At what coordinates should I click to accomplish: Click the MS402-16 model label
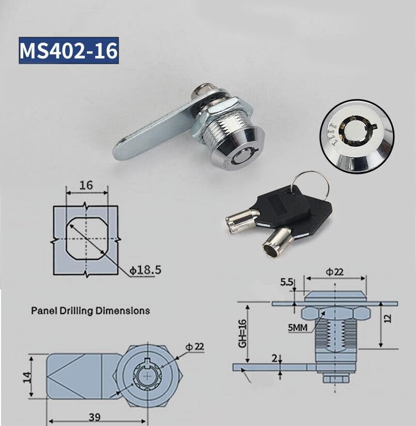(x=69, y=50)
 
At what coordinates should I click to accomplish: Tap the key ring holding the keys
(x=310, y=182)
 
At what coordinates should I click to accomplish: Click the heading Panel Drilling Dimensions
(x=91, y=311)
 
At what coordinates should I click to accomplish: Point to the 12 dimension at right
(x=388, y=318)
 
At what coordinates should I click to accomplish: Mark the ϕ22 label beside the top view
(x=195, y=347)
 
